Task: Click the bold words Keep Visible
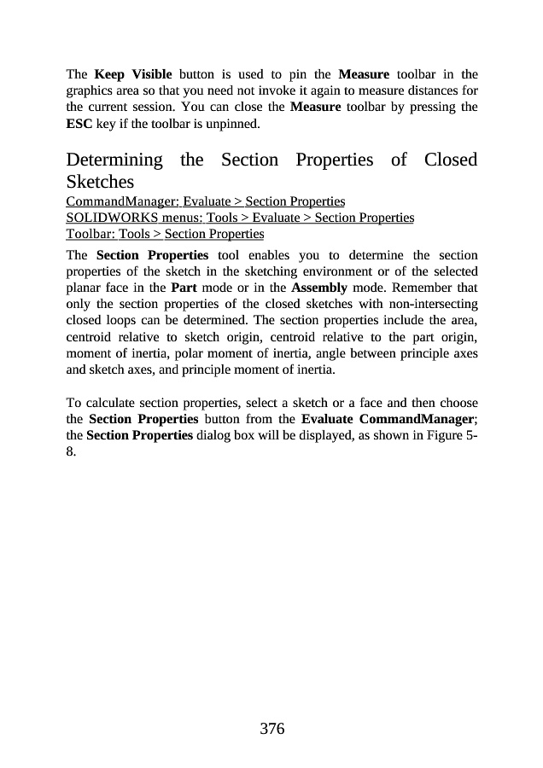tap(133, 74)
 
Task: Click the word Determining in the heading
tap(114, 160)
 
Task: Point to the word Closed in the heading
tap(450, 160)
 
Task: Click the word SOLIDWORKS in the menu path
tap(107, 218)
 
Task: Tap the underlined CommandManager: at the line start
tap(120, 201)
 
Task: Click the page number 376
tap(271, 729)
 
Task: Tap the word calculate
tap(113, 402)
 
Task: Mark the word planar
tap(85, 288)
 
